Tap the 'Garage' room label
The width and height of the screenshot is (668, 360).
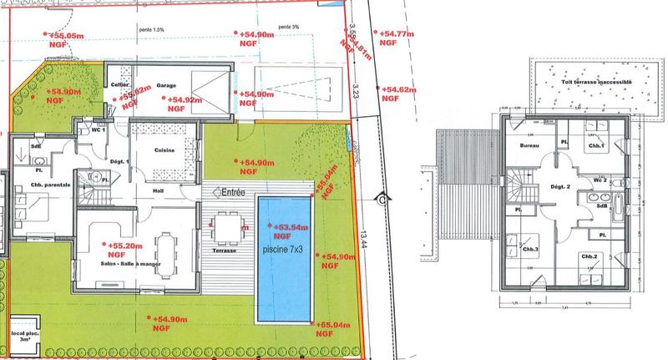[x=165, y=85]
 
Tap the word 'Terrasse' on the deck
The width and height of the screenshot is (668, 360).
[x=224, y=251]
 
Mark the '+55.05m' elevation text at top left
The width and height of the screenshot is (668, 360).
[x=67, y=36]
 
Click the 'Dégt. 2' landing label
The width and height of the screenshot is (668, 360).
[x=557, y=186]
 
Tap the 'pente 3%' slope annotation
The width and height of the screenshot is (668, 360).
[x=291, y=28]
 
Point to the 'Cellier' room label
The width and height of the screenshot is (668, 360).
[x=119, y=85]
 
